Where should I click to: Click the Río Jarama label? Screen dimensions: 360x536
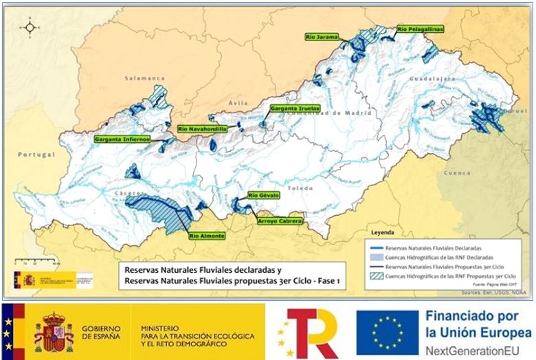pos(322,37)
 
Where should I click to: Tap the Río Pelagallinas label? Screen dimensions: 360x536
pos(419,29)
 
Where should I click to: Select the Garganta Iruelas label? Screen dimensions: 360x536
pos(293,109)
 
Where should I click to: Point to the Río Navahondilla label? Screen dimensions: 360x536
pos(202,128)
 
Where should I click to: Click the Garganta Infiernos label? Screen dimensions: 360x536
pos(122,139)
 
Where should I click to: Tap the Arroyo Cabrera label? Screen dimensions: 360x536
pos(280,221)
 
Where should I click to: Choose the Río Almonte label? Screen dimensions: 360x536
pos(206,236)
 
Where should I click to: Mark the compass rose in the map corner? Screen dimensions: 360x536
pos(30,28)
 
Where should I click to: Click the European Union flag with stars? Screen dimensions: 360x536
pos(387,332)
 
